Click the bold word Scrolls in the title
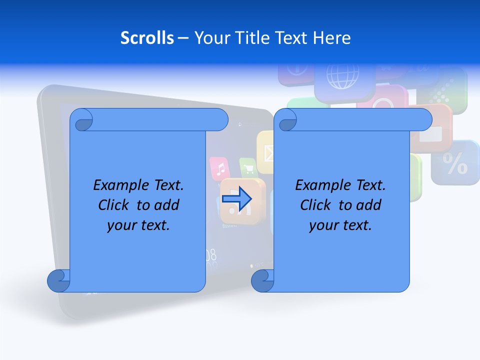[147, 37]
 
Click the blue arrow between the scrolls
[236, 198]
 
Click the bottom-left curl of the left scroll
[58, 281]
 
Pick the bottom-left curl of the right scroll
[262, 281]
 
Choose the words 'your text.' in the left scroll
[138, 225]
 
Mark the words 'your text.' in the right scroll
[340, 225]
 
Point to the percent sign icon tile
[455, 162]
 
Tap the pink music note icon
[219, 169]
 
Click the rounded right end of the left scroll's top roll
[219, 119]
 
